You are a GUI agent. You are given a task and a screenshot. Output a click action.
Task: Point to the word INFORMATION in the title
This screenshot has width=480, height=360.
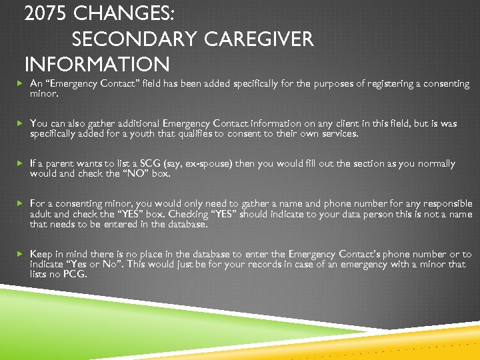[97, 65]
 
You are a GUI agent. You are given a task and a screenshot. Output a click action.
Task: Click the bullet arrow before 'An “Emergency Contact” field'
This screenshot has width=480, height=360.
[20, 84]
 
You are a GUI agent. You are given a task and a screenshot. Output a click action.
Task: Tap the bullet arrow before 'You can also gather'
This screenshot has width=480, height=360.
[20, 123]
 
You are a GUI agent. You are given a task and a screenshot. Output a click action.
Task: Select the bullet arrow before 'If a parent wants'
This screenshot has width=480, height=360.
[20, 163]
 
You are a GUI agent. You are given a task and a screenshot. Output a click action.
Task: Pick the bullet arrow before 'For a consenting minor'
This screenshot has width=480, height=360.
[20, 203]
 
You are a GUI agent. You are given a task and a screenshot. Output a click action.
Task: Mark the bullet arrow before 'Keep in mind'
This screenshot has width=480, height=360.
[20, 254]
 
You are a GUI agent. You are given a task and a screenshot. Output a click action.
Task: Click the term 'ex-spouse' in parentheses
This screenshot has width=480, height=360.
[201, 163]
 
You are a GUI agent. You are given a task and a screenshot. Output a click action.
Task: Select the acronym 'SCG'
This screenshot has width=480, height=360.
[145, 163]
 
